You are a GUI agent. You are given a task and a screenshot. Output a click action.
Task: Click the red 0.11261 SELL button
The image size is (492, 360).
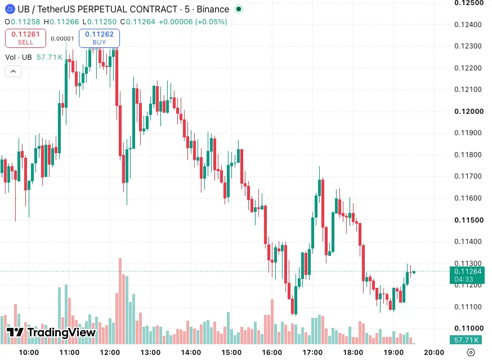point(25,38)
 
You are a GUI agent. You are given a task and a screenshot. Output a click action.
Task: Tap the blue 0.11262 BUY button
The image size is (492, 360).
point(99,38)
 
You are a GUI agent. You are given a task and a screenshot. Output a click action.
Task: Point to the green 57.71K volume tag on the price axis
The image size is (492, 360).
point(466,340)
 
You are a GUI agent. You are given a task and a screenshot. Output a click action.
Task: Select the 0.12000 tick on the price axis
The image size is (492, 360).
point(469,111)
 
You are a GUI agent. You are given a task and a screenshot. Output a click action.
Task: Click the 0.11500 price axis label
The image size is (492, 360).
point(469,220)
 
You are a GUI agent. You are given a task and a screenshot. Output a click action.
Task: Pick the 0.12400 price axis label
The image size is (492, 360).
point(468,24)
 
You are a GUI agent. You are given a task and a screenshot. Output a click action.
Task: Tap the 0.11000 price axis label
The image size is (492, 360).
point(469,328)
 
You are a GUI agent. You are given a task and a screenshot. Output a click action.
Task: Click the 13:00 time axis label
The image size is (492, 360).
point(150,353)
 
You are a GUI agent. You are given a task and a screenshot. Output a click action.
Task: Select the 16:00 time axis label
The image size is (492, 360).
point(272,353)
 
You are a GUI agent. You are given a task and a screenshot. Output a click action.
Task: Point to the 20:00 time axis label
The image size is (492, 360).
point(434,353)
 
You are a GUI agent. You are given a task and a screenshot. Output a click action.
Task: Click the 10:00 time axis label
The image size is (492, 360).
point(29,353)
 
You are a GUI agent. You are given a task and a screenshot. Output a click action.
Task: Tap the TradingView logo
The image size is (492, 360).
point(51,332)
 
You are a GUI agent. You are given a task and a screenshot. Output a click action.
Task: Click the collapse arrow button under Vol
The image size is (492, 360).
point(13,72)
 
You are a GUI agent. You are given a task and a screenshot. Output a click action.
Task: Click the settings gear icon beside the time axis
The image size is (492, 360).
point(471,353)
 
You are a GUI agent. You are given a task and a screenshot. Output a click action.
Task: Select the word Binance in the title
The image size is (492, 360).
point(213,10)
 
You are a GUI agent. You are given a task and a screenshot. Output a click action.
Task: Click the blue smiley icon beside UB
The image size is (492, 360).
point(10,9)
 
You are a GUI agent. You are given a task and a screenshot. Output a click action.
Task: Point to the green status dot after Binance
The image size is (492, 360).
point(239,9)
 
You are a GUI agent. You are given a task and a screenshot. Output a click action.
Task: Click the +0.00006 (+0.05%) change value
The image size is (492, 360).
point(193,21)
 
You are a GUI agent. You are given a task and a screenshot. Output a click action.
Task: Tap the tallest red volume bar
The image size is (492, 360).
point(120,301)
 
